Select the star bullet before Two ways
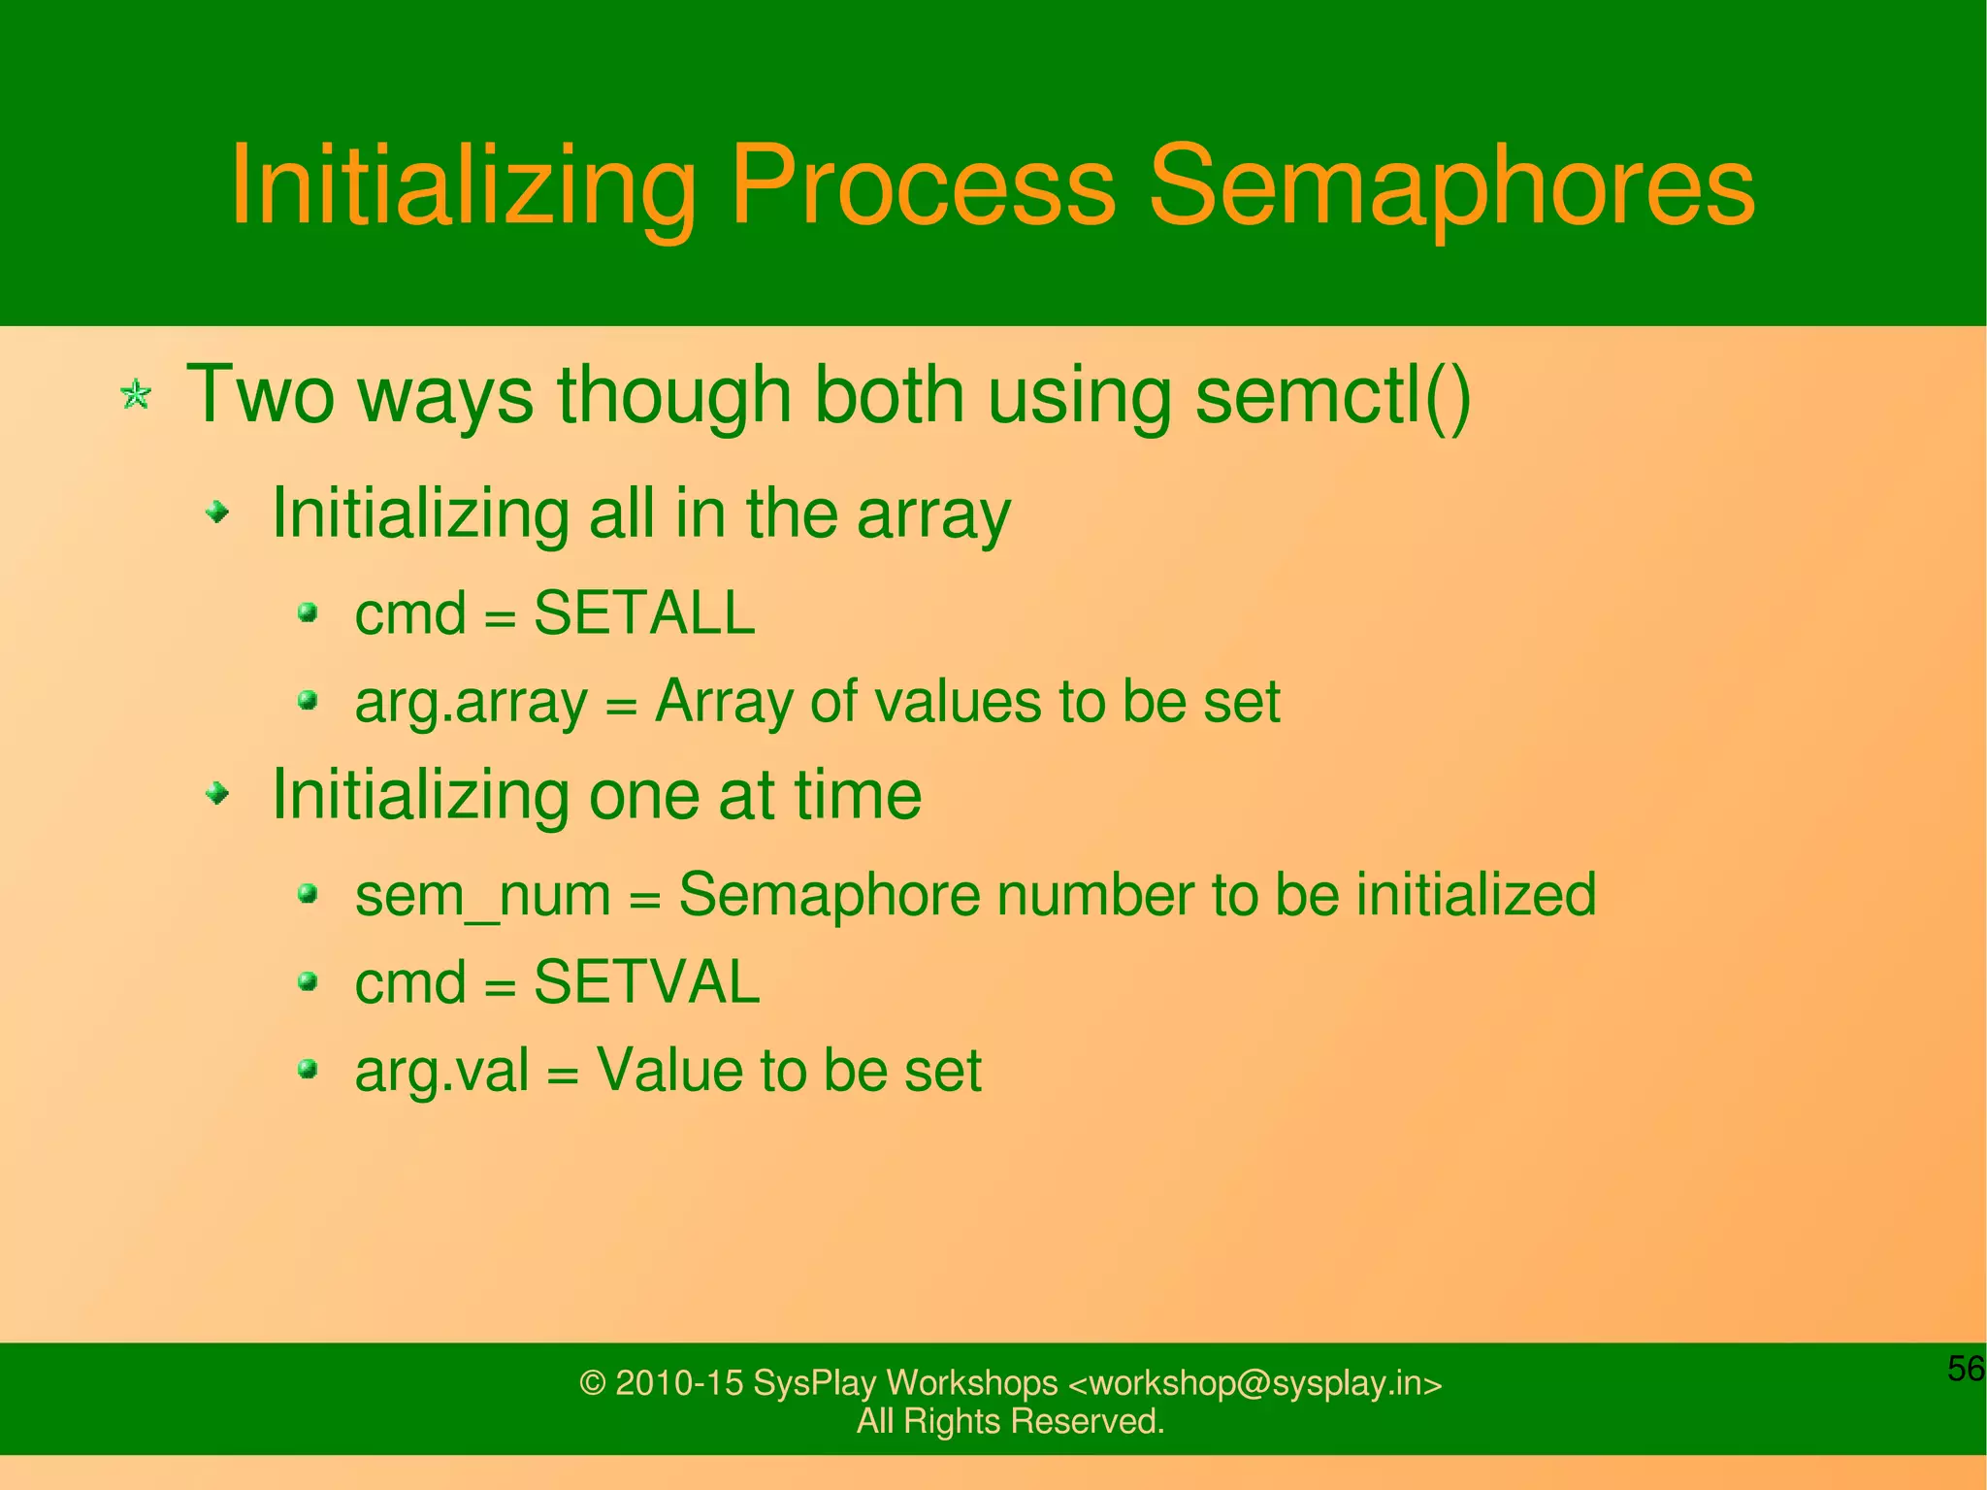pyautogui.click(x=136, y=395)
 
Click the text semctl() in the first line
pyautogui.click(x=1333, y=395)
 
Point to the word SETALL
pyautogui.click(x=644, y=613)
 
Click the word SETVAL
pyautogui.click(x=646, y=982)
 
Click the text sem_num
pyautogui.click(x=482, y=895)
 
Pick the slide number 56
pyautogui.click(x=1966, y=1369)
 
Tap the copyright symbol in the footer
pyautogui.click(x=592, y=1383)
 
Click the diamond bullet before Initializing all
pyautogui.click(x=219, y=511)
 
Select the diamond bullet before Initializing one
pyautogui.click(x=219, y=794)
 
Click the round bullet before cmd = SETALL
pyautogui.click(x=309, y=613)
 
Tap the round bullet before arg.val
pyautogui.click(x=309, y=1070)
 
